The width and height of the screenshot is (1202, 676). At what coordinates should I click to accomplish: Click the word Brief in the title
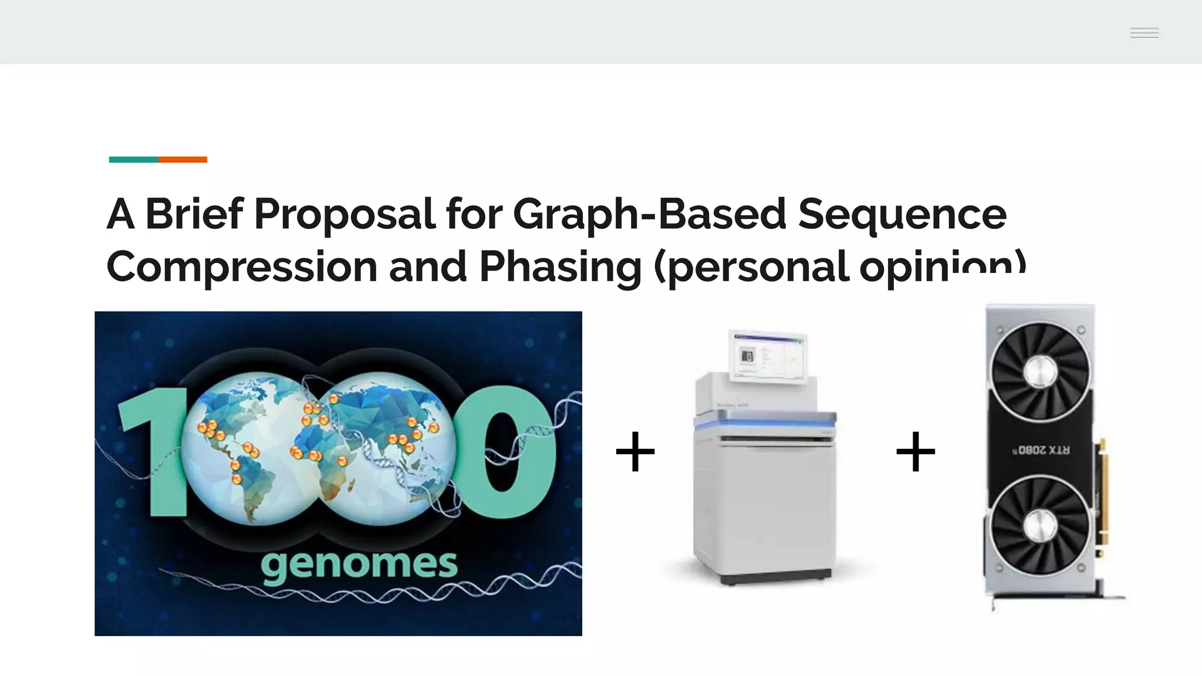[x=194, y=214]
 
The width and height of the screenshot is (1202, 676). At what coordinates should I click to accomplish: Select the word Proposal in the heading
[x=345, y=214]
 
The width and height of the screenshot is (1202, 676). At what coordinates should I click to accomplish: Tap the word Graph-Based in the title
[x=649, y=214]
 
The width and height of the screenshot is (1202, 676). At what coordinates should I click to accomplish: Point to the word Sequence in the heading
[x=902, y=214]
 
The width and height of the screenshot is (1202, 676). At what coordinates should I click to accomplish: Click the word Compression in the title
[x=241, y=267]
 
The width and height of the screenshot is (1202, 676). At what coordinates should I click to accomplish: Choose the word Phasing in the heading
[x=561, y=267]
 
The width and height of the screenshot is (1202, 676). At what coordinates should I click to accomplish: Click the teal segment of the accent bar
[x=134, y=160]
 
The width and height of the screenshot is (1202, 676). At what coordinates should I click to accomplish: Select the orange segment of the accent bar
[x=183, y=160]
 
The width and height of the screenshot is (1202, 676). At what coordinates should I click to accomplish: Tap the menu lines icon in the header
[x=1144, y=33]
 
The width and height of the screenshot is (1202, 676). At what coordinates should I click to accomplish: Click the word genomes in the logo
[x=359, y=565]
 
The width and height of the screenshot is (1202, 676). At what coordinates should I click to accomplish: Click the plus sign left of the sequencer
[x=635, y=452]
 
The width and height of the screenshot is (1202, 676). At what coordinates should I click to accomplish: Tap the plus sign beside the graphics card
[x=916, y=452]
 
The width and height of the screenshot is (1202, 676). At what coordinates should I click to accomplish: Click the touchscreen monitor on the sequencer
[x=768, y=357]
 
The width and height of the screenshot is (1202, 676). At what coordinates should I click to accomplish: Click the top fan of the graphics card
[x=1040, y=371]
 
